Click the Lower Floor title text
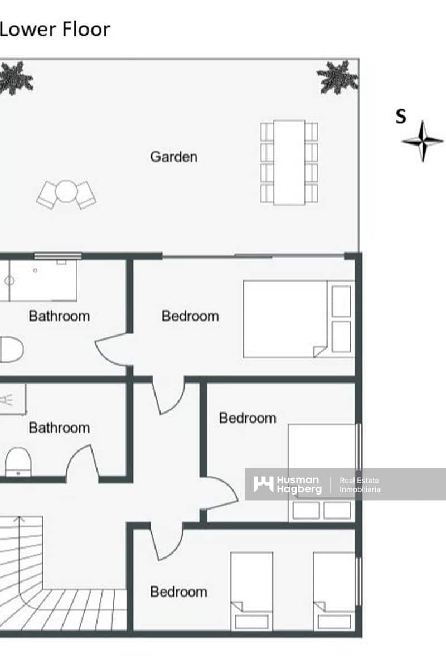click(55, 29)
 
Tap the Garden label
click(173, 157)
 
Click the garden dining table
click(289, 162)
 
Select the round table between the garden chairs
click(66, 191)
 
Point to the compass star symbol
click(423, 141)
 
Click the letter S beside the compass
click(401, 116)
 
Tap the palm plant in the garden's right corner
click(337, 76)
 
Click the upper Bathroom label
click(59, 316)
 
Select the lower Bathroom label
click(59, 428)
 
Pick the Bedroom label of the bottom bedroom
click(178, 592)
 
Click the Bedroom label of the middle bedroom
click(248, 418)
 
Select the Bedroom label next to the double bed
click(190, 316)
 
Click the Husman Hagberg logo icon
click(263, 484)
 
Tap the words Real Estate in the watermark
click(360, 480)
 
